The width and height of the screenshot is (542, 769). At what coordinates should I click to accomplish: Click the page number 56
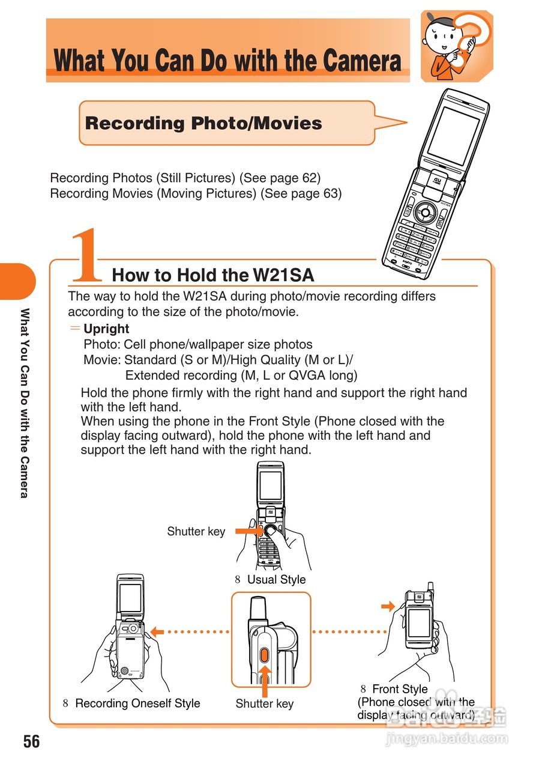[32, 741]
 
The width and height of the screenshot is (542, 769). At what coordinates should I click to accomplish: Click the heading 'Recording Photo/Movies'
[203, 124]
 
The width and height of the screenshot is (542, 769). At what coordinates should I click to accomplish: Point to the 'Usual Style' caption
[276, 580]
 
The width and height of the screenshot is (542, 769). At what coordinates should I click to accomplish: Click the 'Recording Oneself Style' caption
[137, 704]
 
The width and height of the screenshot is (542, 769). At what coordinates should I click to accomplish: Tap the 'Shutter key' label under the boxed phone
[265, 704]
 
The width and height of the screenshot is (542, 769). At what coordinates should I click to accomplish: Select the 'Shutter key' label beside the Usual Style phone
[196, 531]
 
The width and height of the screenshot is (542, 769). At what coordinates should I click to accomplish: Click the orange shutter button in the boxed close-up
[264, 655]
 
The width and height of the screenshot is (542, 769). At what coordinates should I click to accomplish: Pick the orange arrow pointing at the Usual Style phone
[247, 531]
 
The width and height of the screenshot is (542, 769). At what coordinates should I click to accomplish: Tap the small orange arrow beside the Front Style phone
[388, 606]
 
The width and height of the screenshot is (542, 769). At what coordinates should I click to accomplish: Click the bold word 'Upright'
[106, 329]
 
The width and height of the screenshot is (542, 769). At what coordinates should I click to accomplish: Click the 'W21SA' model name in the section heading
[283, 275]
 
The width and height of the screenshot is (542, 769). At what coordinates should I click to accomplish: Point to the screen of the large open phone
[453, 136]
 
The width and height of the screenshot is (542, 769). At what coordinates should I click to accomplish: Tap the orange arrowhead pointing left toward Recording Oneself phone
[157, 631]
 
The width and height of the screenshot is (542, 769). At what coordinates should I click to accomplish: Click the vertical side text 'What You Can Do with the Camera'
[25, 403]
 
